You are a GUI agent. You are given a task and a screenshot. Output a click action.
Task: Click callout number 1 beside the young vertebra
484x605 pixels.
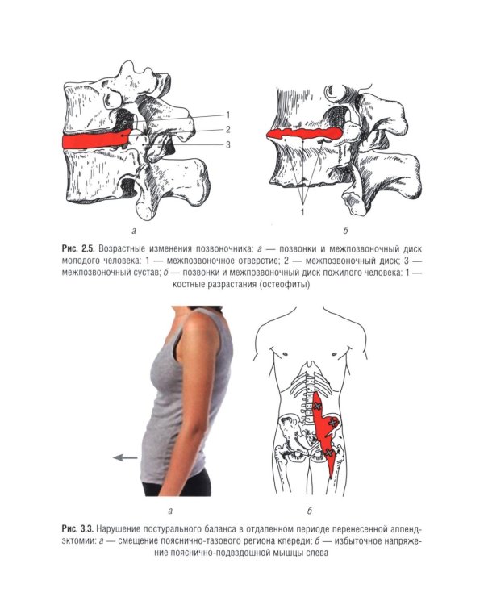[x=228, y=115]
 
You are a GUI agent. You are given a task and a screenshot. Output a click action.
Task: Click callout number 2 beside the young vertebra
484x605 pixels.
[x=228, y=130]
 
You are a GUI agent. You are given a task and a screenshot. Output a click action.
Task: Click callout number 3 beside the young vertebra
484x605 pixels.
[x=228, y=144]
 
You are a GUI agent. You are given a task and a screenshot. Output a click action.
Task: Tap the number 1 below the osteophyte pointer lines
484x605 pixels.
[x=303, y=212]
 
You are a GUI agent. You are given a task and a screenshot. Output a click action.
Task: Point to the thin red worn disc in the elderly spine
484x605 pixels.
[x=304, y=134]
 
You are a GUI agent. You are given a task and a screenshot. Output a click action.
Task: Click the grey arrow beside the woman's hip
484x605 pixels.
[x=125, y=457]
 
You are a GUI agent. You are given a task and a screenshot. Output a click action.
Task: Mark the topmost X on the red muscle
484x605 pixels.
[x=317, y=406]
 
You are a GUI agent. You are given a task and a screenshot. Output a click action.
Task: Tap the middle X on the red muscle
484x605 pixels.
[x=332, y=423]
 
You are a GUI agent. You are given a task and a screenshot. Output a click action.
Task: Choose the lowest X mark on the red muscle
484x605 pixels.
[x=328, y=453]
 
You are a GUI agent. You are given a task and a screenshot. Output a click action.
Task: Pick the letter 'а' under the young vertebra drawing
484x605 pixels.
[x=134, y=232]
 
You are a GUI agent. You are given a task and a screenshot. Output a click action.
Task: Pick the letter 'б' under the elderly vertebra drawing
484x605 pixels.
[x=345, y=232]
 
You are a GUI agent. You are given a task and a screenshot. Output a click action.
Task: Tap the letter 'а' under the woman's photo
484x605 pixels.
[x=170, y=511]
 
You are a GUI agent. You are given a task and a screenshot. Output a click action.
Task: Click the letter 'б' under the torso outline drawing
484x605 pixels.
[x=310, y=511]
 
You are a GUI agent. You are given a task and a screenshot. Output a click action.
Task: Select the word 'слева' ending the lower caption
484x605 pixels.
[x=316, y=553]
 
